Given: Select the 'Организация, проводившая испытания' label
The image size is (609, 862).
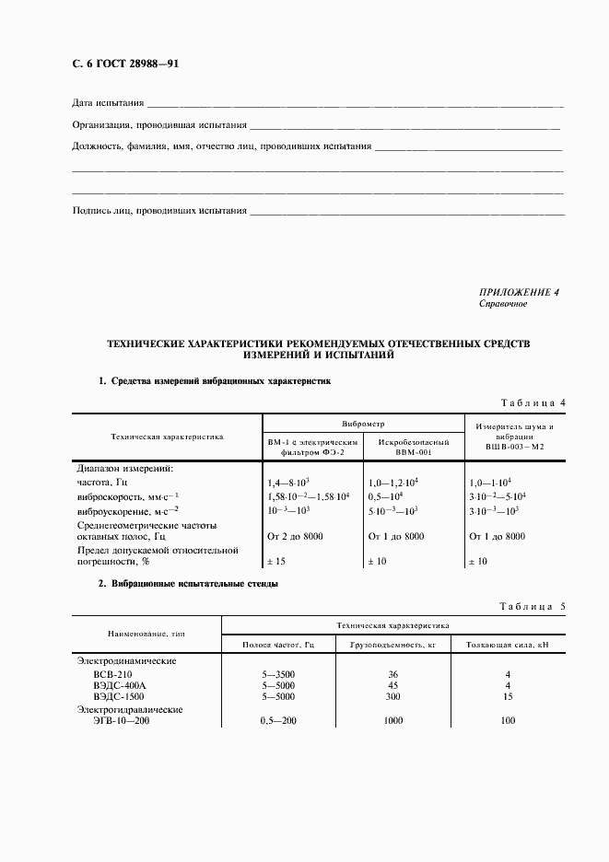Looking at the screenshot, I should (159, 124).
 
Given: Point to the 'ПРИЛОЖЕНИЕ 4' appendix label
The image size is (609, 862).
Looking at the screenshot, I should (519, 293).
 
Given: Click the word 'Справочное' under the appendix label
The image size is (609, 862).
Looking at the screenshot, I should (503, 304).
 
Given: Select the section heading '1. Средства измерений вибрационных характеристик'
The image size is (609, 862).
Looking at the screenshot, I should (214, 380).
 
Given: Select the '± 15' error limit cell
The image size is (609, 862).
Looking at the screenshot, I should (277, 562).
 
